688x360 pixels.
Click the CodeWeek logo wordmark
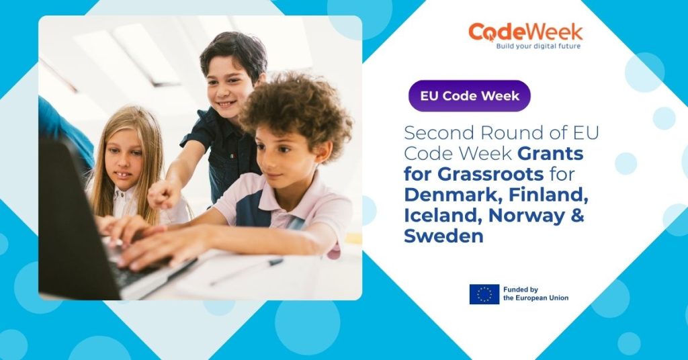(x=525, y=32)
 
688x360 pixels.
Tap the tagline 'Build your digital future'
(x=537, y=46)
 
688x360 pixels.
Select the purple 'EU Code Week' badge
(x=470, y=96)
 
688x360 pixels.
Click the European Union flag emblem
(x=484, y=294)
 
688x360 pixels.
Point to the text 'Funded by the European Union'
(x=535, y=294)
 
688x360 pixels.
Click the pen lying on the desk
(x=246, y=271)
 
